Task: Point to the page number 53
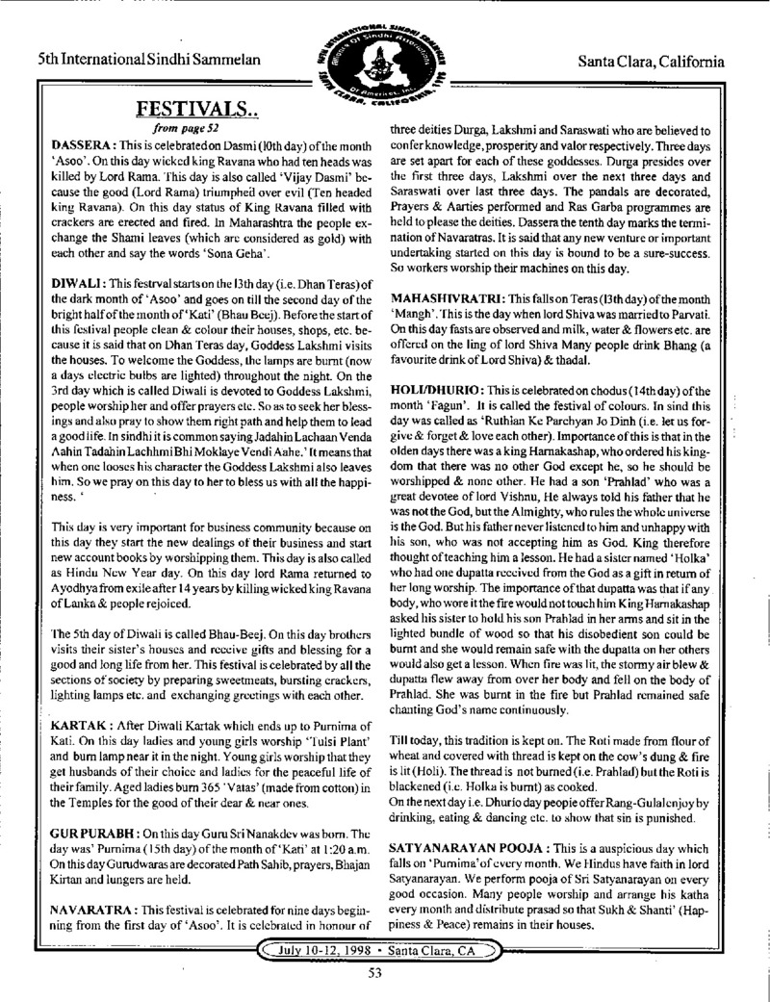click(383, 972)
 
